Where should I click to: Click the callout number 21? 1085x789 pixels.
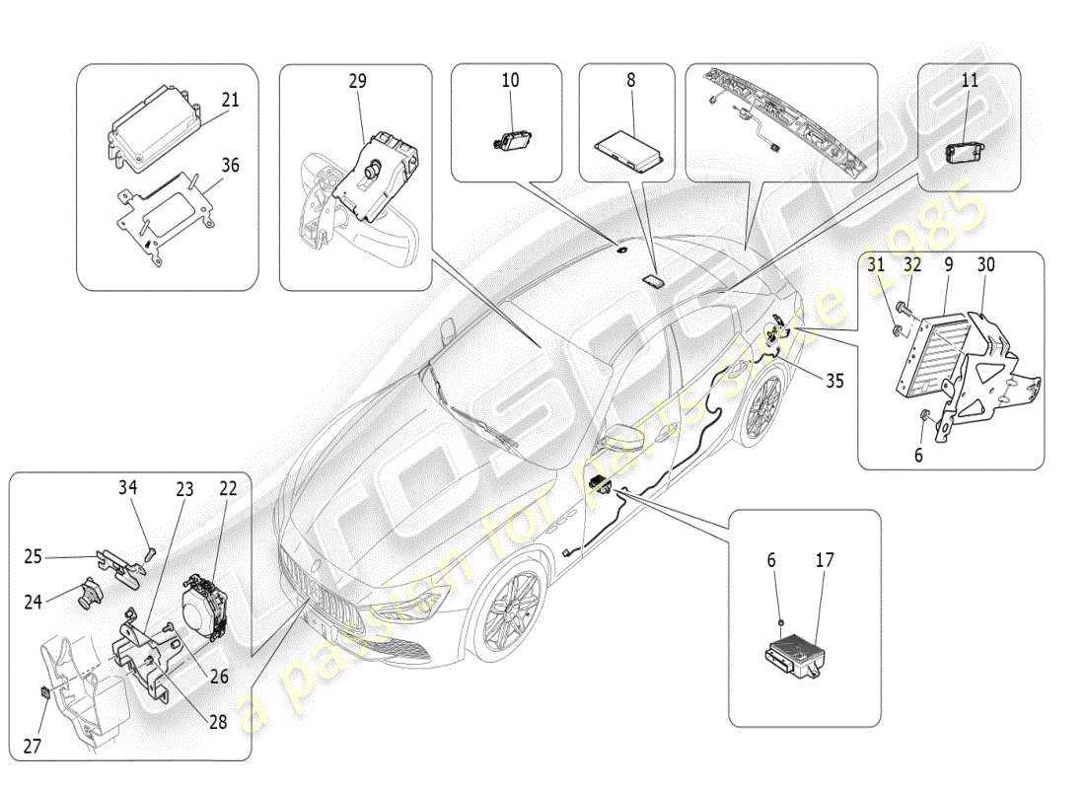[x=230, y=101]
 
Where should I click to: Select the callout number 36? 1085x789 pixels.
[x=230, y=167]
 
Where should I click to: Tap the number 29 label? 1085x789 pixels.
[x=356, y=82]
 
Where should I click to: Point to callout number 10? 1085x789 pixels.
[x=510, y=81]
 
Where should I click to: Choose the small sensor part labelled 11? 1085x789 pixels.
[x=962, y=152]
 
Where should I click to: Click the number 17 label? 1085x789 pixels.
[x=825, y=561]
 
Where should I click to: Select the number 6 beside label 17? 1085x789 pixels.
[x=772, y=561]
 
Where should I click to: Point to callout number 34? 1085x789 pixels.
[x=127, y=487]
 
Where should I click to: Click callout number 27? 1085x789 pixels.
[x=34, y=748]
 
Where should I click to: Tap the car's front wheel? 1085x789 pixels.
[x=510, y=614]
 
